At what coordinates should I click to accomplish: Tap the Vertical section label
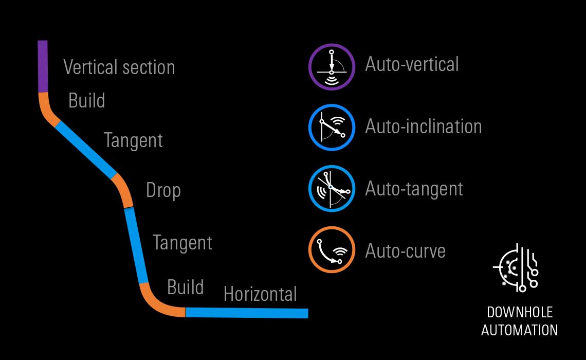[x=119, y=67]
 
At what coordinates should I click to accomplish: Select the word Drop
[x=163, y=191]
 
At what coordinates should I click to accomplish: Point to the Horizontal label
[x=260, y=294]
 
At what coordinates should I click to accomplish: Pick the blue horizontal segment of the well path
[x=247, y=313]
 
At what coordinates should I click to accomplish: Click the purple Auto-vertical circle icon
[x=332, y=67]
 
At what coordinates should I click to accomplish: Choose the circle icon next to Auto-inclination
[x=332, y=128]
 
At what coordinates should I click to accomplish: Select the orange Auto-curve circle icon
[x=332, y=251]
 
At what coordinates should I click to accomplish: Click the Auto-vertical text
[x=412, y=64]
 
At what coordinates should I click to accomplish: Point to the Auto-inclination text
[x=423, y=127]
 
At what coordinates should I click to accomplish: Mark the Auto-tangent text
[x=414, y=189]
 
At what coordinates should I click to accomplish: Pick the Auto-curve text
[x=405, y=251]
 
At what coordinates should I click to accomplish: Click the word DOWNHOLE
[x=519, y=313]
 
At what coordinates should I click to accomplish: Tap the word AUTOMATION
[x=519, y=330]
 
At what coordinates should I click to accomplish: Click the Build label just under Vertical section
[x=86, y=101]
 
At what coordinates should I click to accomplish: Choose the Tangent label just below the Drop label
[x=182, y=242]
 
